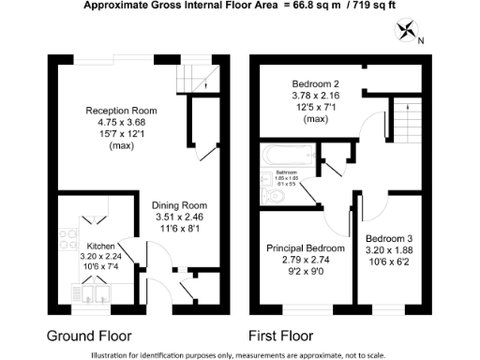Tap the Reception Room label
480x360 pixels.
click(121, 110)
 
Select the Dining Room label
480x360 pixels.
click(180, 205)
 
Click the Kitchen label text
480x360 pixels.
click(101, 247)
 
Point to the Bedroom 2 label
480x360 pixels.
click(317, 83)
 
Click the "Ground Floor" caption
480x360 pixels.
click(89, 335)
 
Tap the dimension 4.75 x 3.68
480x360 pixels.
click(121, 121)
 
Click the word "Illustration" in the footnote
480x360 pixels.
click(114, 354)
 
